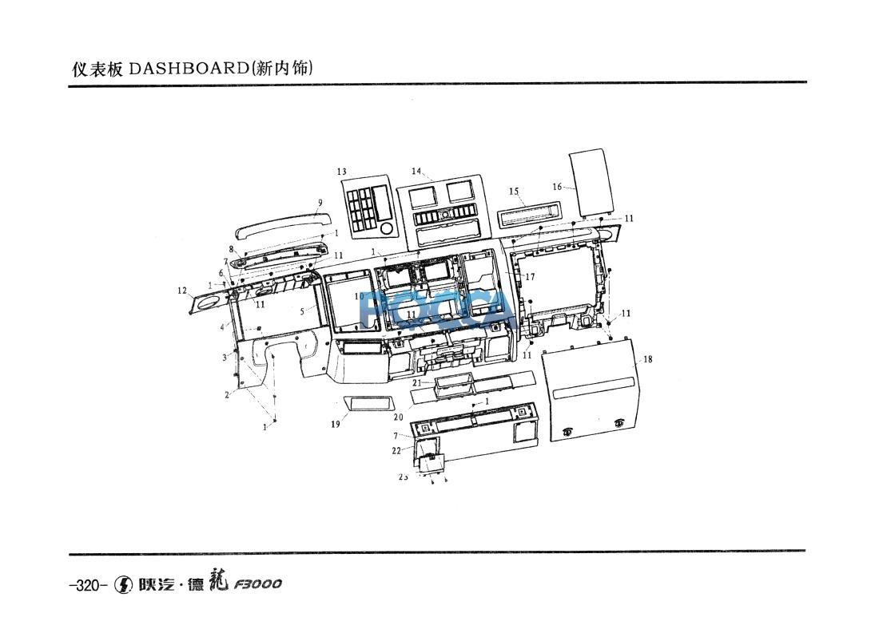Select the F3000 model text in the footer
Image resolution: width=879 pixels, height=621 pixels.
pyautogui.click(x=257, y=584)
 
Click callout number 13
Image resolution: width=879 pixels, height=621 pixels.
pyautogui.click(x=341, y=172)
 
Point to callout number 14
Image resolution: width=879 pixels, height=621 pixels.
pyautogui.click(x=416, y=171)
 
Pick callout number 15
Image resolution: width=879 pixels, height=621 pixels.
pyautogui.click(x=514, y=192)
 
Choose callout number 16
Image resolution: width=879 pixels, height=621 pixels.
pyautogui.click(x=557, y=187)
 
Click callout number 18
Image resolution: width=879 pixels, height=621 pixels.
pyautogui.click(x=648, y=359)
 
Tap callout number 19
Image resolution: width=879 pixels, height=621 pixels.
pyautogui.click(x=336, y=425)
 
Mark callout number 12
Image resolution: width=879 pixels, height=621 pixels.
pyautogui.click(x=182, y=290)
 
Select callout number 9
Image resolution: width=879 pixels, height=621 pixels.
pyautogui.click(x=320, y=203)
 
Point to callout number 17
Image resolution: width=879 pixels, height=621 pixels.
pyautogui.click(x=530, y=277)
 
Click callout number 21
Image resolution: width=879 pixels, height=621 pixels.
pyautogui.click(x=416, y=383)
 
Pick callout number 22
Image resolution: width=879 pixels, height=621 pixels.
pyautogui.click(x=396, y=451)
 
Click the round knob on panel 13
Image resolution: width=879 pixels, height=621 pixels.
pyautogui.click(x=387, y=228)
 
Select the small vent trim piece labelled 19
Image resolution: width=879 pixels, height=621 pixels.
pyautogui.click(x=369, y=403)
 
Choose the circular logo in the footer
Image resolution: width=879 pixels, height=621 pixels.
pyautogui.click(x=124, y=584)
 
